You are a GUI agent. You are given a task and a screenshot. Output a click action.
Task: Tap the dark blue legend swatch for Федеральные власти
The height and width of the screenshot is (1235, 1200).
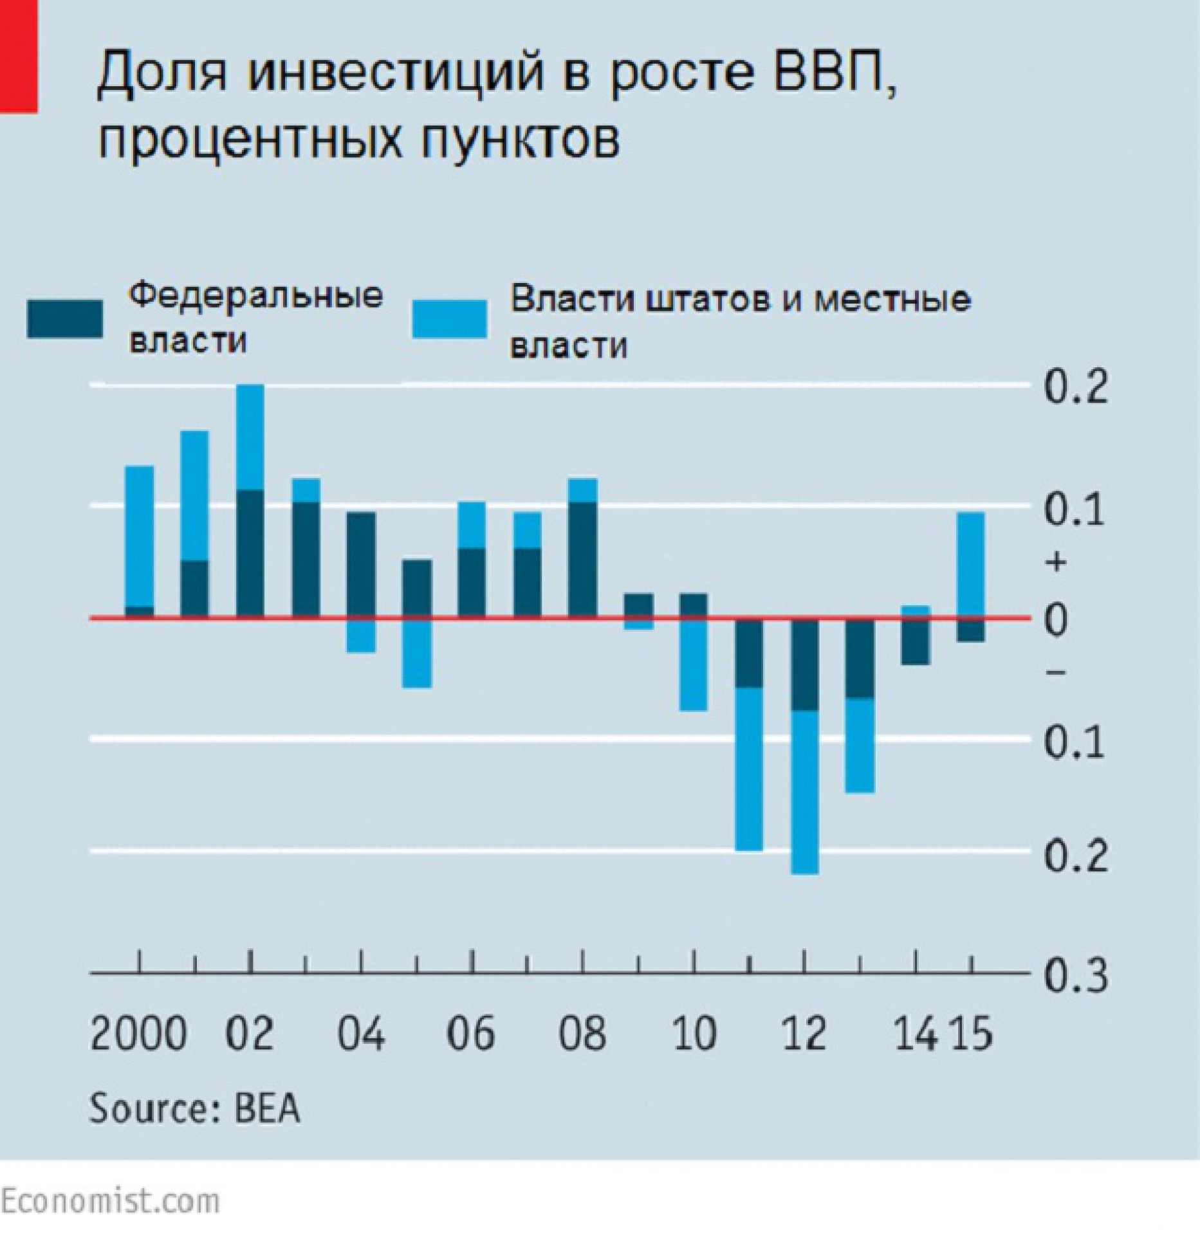point(64,319)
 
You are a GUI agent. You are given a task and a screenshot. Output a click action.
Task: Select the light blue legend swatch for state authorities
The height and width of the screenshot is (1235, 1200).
point(449,319)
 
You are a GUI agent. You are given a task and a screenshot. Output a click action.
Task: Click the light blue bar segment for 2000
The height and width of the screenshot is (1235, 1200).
point(139,536)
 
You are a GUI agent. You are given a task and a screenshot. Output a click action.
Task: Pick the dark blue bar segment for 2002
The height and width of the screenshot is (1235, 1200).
point(250,554)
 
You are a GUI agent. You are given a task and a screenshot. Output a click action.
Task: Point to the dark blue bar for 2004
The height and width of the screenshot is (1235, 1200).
point(361,565)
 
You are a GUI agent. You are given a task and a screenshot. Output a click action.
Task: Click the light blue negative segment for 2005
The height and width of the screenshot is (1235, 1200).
point(417,652)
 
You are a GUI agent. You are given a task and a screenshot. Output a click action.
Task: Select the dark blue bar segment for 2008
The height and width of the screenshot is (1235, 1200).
point(583,560)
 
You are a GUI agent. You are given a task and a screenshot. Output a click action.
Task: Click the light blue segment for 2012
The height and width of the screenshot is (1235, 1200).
point(805,792)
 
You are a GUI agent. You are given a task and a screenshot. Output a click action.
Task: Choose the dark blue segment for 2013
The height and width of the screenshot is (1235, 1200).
point(860,658)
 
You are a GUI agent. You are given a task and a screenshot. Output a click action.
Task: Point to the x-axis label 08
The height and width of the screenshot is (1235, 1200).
point(582,1034)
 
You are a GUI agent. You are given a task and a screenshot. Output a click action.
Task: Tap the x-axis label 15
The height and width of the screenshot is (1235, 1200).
point(972,1034)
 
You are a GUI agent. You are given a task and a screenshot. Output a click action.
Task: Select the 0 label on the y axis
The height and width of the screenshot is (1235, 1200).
point(1056,620)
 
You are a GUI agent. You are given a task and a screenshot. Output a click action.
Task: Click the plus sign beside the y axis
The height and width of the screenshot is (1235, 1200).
point(1056,563)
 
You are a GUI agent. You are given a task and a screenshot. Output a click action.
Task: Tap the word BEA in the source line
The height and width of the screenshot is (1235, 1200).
point(267,1109)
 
